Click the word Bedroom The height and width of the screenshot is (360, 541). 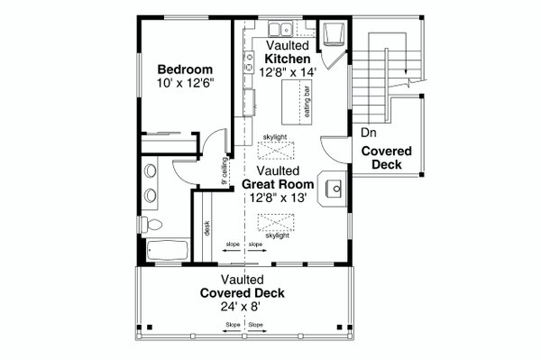(x=186, y=69)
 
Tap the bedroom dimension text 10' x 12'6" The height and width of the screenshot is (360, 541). (x=186, y=84)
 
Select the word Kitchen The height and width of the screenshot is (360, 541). (x=288, y=59)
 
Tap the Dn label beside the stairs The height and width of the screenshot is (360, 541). (x=368, y=133)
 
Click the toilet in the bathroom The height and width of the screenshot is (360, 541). (x=154, y=224)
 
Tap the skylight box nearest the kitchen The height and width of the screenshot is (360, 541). (x=275, y=149)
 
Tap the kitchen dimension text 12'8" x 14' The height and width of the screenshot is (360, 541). (x=289, y=72)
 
